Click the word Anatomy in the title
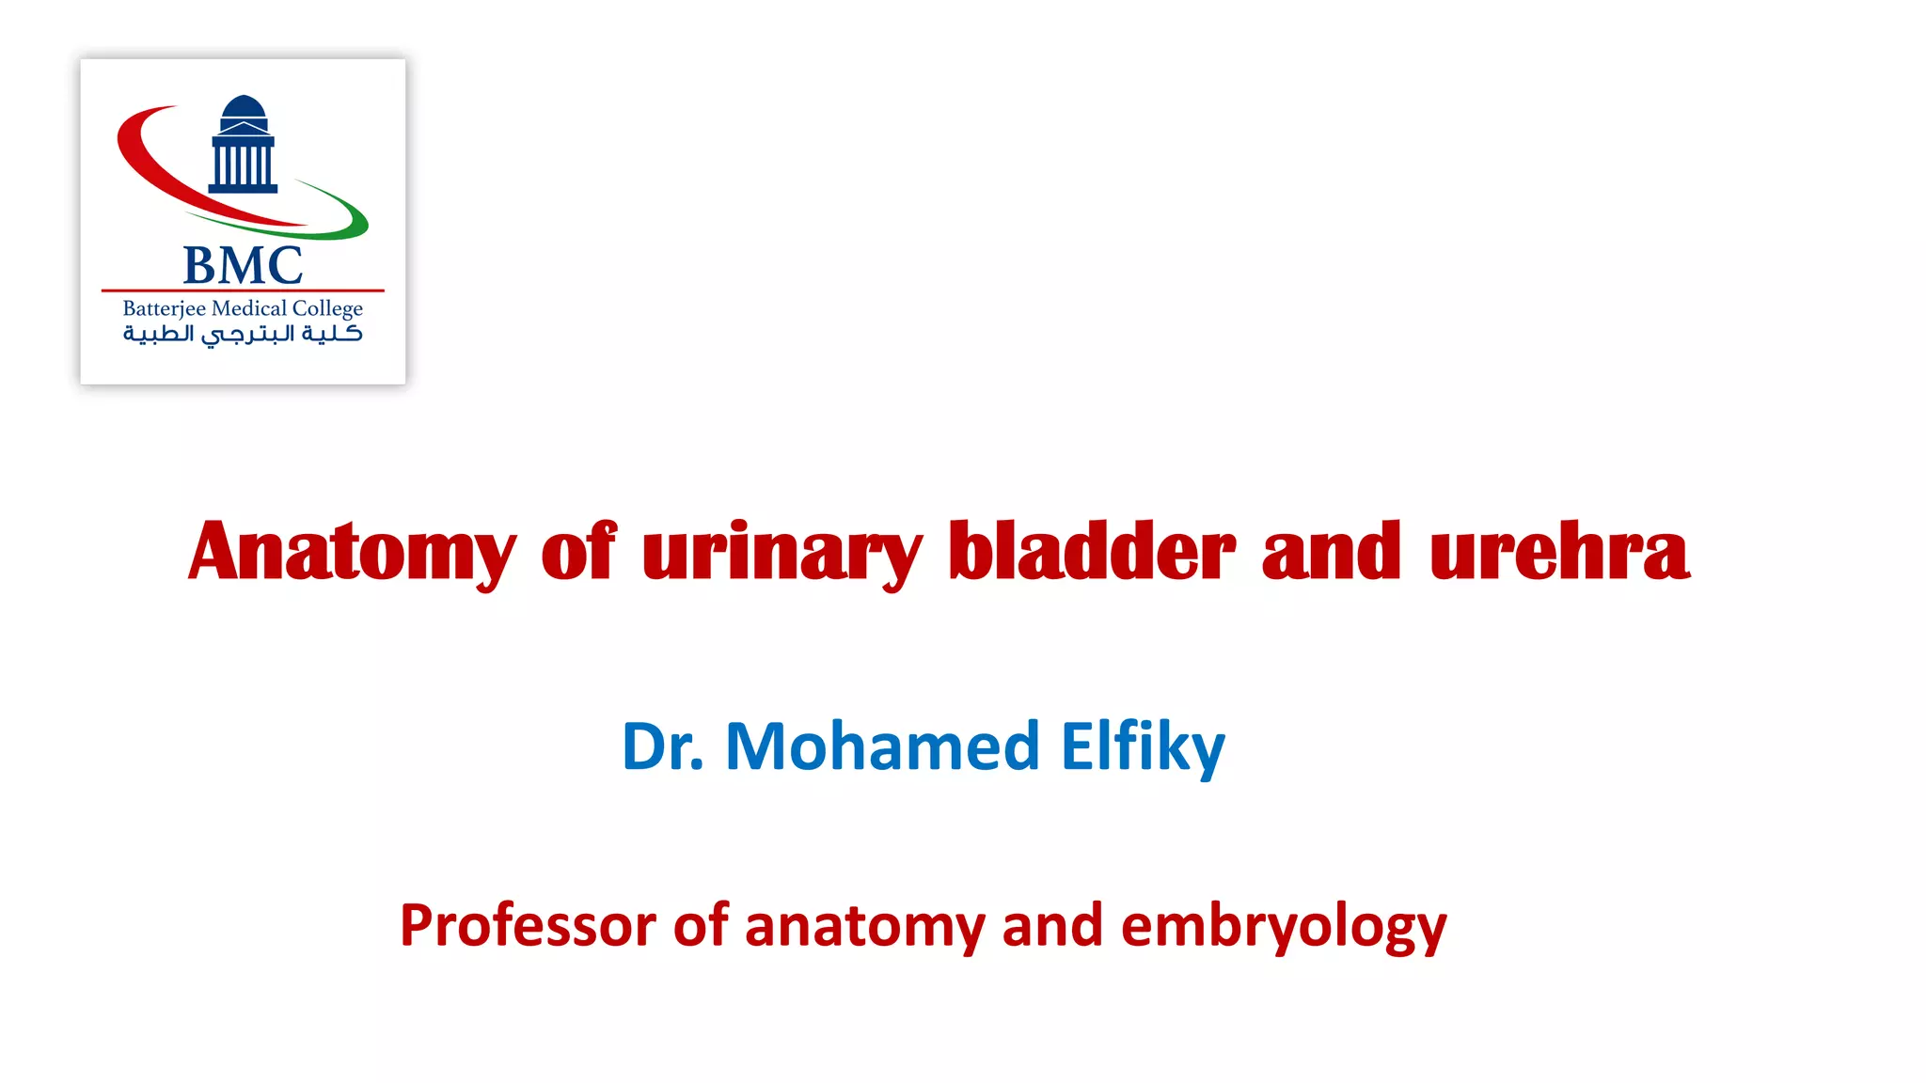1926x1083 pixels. [x=352, y=552]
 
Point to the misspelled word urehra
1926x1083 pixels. [x=1559, y=552]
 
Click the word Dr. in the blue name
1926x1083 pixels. [x=663, y=747]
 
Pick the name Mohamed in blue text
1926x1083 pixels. [x=882, y=747]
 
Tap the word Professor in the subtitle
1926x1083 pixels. [x=527, y=925]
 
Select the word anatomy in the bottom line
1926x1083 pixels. [x=863, y=927]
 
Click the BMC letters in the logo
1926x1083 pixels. [x=243, y=265]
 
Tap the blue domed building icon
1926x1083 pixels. [x=243, y=145]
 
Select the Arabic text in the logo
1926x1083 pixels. [x=243, y=334]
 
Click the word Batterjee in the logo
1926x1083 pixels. [x=164, y=308]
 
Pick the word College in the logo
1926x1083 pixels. [x=327, y=308]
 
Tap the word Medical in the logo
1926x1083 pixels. [x=248, y=308]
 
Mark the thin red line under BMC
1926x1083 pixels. [x=243, y=290]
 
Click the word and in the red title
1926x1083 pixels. [x=1331, y=552]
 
